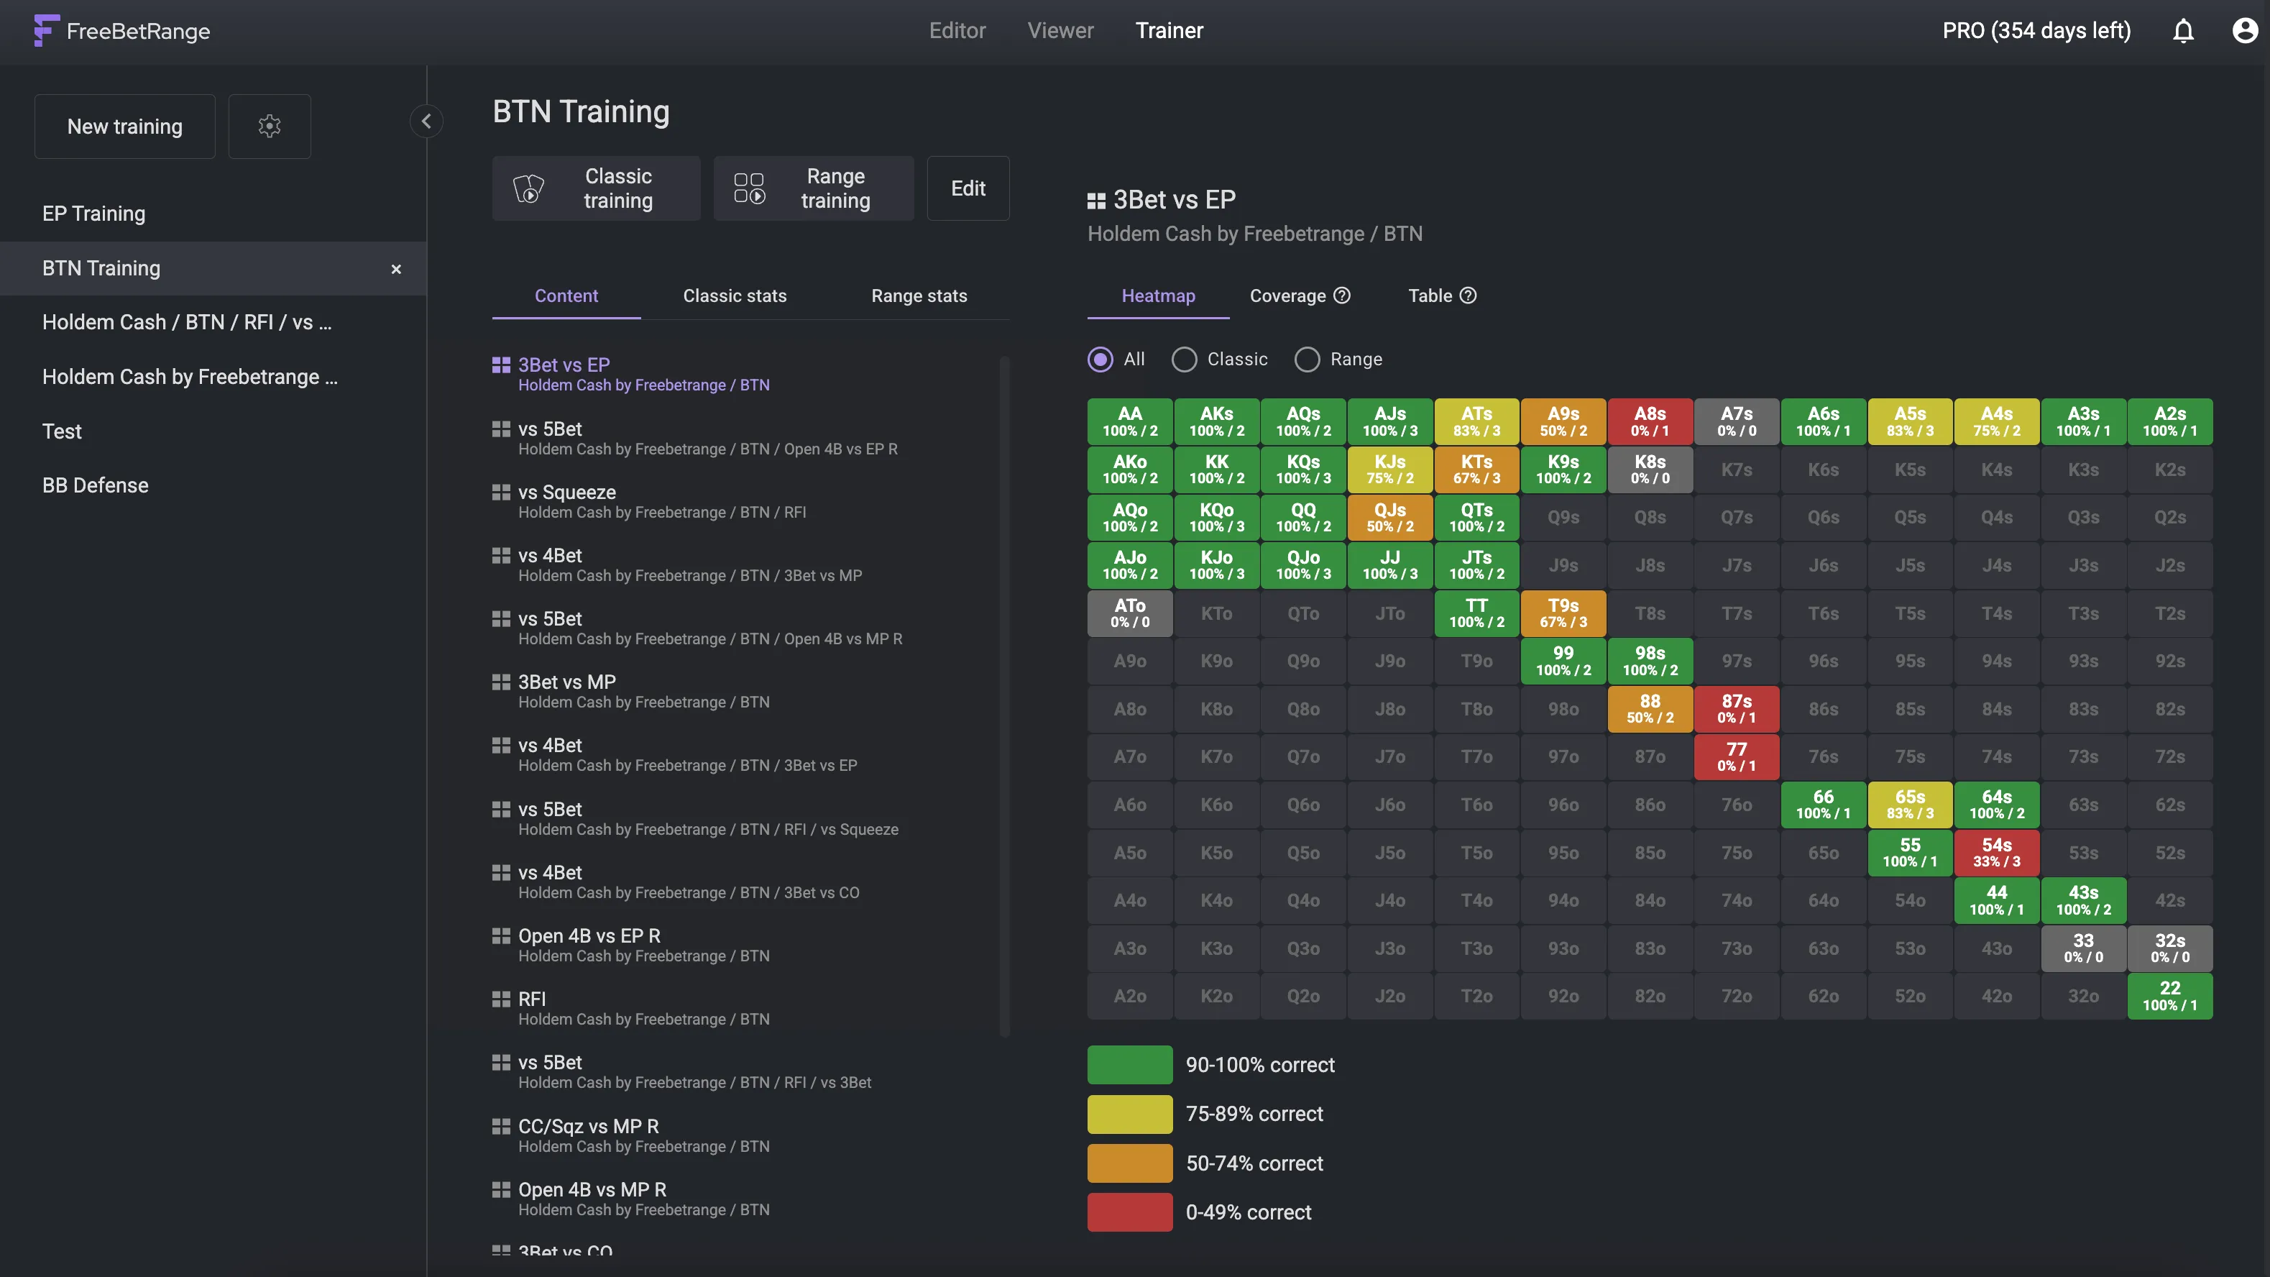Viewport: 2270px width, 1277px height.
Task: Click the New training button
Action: [x=124, y=127]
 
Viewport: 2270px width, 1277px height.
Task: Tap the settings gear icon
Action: [x=270, y=127]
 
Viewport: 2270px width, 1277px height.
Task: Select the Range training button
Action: [x=812, y=188]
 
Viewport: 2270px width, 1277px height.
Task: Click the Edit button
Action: [x=968, y=188]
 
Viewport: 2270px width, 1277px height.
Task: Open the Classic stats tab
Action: [x=734, y=296]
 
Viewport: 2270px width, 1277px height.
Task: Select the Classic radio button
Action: [x=1185, y=360]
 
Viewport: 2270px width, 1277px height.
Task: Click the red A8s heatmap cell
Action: [x=1650, y=421]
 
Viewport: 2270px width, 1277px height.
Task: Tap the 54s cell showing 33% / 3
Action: [x=1996, y=852]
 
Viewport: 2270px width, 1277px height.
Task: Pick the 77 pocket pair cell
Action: [x=1736, y=756]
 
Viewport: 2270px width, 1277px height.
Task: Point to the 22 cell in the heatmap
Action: [x=2169, y=996]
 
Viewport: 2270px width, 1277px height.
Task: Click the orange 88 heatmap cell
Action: [x=1650, y=708]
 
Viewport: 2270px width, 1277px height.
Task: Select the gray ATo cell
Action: [x=1130, y=613]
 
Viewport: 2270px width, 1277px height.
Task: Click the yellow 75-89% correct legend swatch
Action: [x=1130, y=1114]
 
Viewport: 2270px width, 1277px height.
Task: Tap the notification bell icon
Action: [x=2183, y=32]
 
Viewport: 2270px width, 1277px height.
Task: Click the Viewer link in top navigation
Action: [x=1060, y=31]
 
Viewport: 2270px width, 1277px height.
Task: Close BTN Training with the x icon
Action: [x=395, y=269]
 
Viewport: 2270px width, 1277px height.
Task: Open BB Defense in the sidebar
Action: [x=95, y=485]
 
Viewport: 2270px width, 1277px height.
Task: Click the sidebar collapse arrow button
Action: [x=426, y=122]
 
